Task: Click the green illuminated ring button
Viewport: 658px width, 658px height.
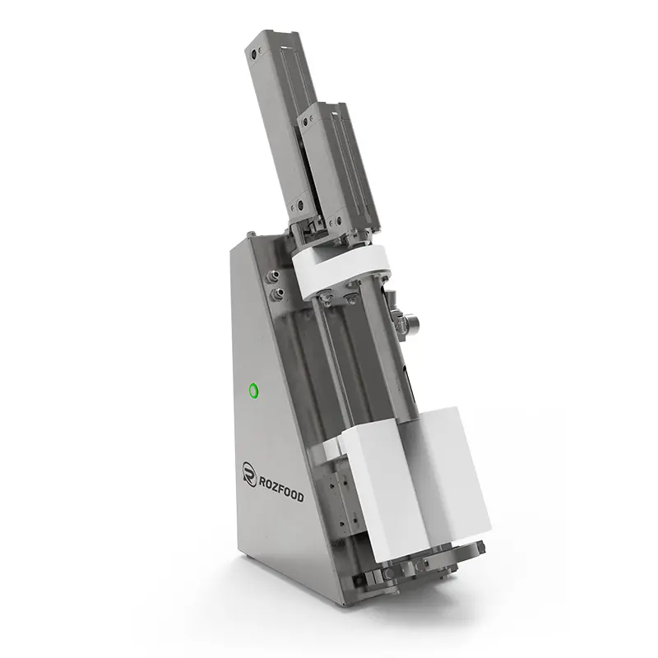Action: (x=253, y=392)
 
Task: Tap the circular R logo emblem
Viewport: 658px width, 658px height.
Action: (x=249, y=475)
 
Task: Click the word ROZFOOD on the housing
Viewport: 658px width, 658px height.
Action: (x=281, y=489)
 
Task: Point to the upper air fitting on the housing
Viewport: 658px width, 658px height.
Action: (x=274, y=276)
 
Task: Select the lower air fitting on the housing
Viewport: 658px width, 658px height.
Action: (x=276, y=294)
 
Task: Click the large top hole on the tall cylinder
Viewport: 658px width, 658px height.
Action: (x=253, y=54)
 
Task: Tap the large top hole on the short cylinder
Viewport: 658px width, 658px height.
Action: (x=305, y=122)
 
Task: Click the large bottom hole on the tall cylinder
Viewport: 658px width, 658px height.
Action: (x=300, y=206)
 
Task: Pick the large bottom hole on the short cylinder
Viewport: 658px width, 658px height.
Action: (x=338, y=220)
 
